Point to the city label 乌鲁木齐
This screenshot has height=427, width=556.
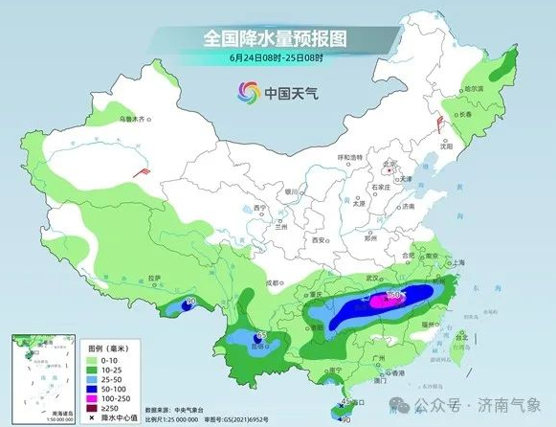(x=134, y=120)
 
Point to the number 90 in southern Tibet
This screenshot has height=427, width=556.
(x=190, y=302)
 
